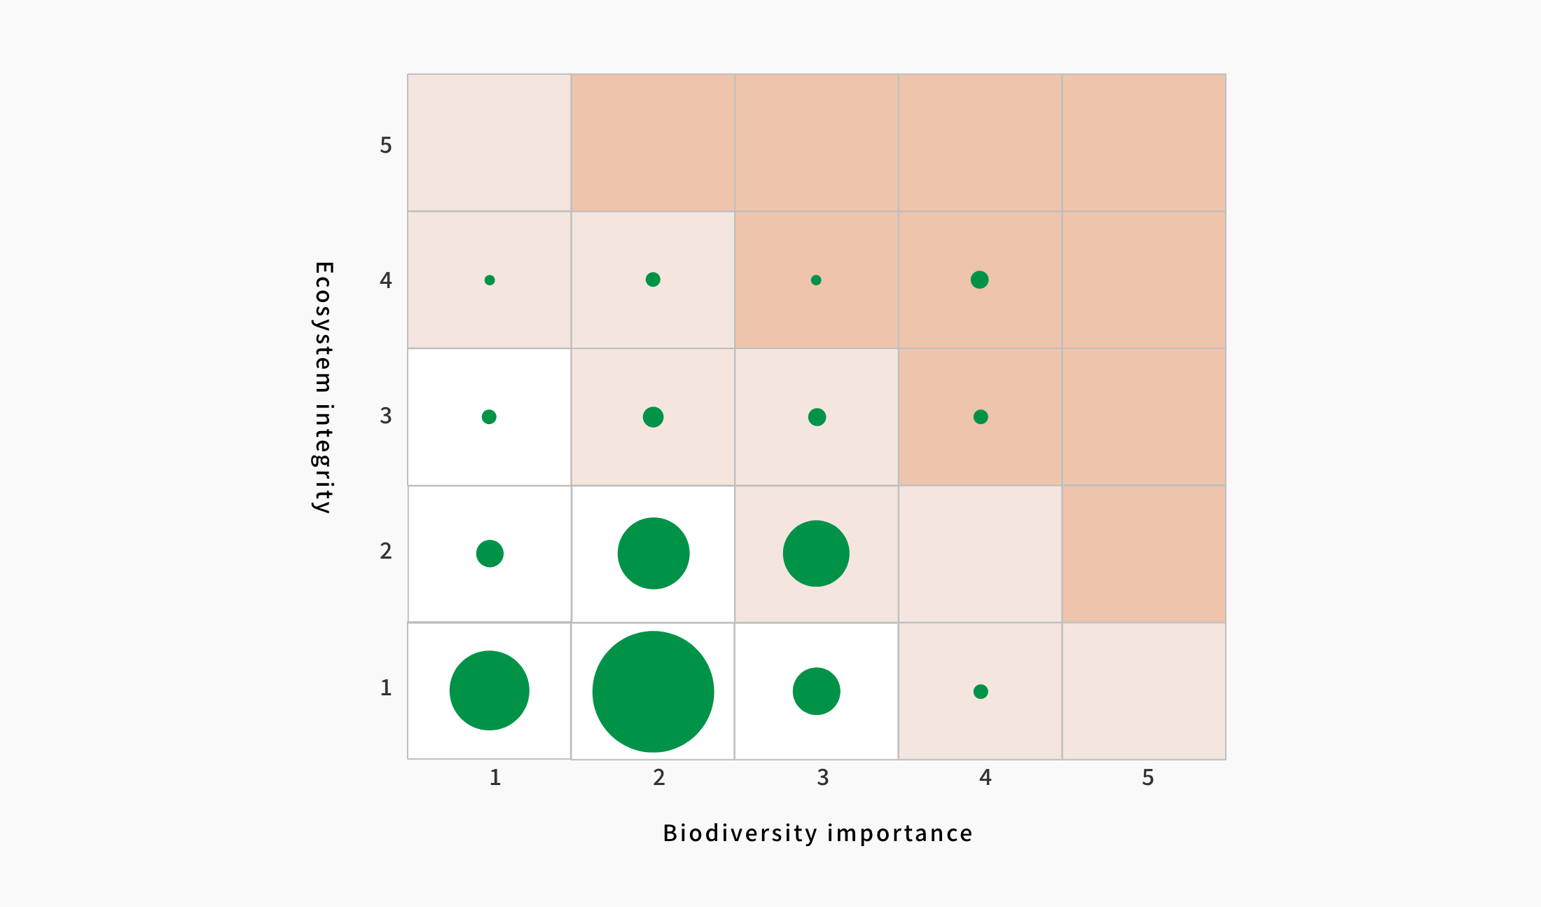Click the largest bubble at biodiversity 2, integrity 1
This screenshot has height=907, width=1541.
click(653, 692)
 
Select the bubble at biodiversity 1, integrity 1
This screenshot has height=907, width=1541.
click(489, 690)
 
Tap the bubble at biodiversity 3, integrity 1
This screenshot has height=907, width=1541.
click(816, 691)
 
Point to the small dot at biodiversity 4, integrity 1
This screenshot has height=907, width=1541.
click(981, 692)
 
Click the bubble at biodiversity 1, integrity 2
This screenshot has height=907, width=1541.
click(490, 554)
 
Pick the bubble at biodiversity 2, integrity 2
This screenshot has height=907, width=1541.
click(653, 554)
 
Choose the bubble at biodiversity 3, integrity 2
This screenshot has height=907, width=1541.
click(816, 554)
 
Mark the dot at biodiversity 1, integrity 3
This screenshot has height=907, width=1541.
click(489, 417)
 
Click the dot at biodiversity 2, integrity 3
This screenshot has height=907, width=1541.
click(653, 417)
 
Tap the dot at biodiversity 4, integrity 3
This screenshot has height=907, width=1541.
click(981, 417)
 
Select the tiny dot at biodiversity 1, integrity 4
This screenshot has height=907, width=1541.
click(490, 280)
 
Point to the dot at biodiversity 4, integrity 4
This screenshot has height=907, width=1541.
click(979, 280)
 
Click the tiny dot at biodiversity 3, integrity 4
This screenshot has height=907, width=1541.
click(816, 280)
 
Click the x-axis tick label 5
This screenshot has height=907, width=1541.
click(1147, 777)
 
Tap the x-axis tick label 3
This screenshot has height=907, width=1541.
click(822, 777)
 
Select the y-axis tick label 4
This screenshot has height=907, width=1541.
click(385, 280)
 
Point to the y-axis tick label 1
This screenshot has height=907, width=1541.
click(385, 688)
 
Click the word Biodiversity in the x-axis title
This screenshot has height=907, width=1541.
click(740, 833)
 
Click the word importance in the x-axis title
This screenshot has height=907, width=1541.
click(900, 833)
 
